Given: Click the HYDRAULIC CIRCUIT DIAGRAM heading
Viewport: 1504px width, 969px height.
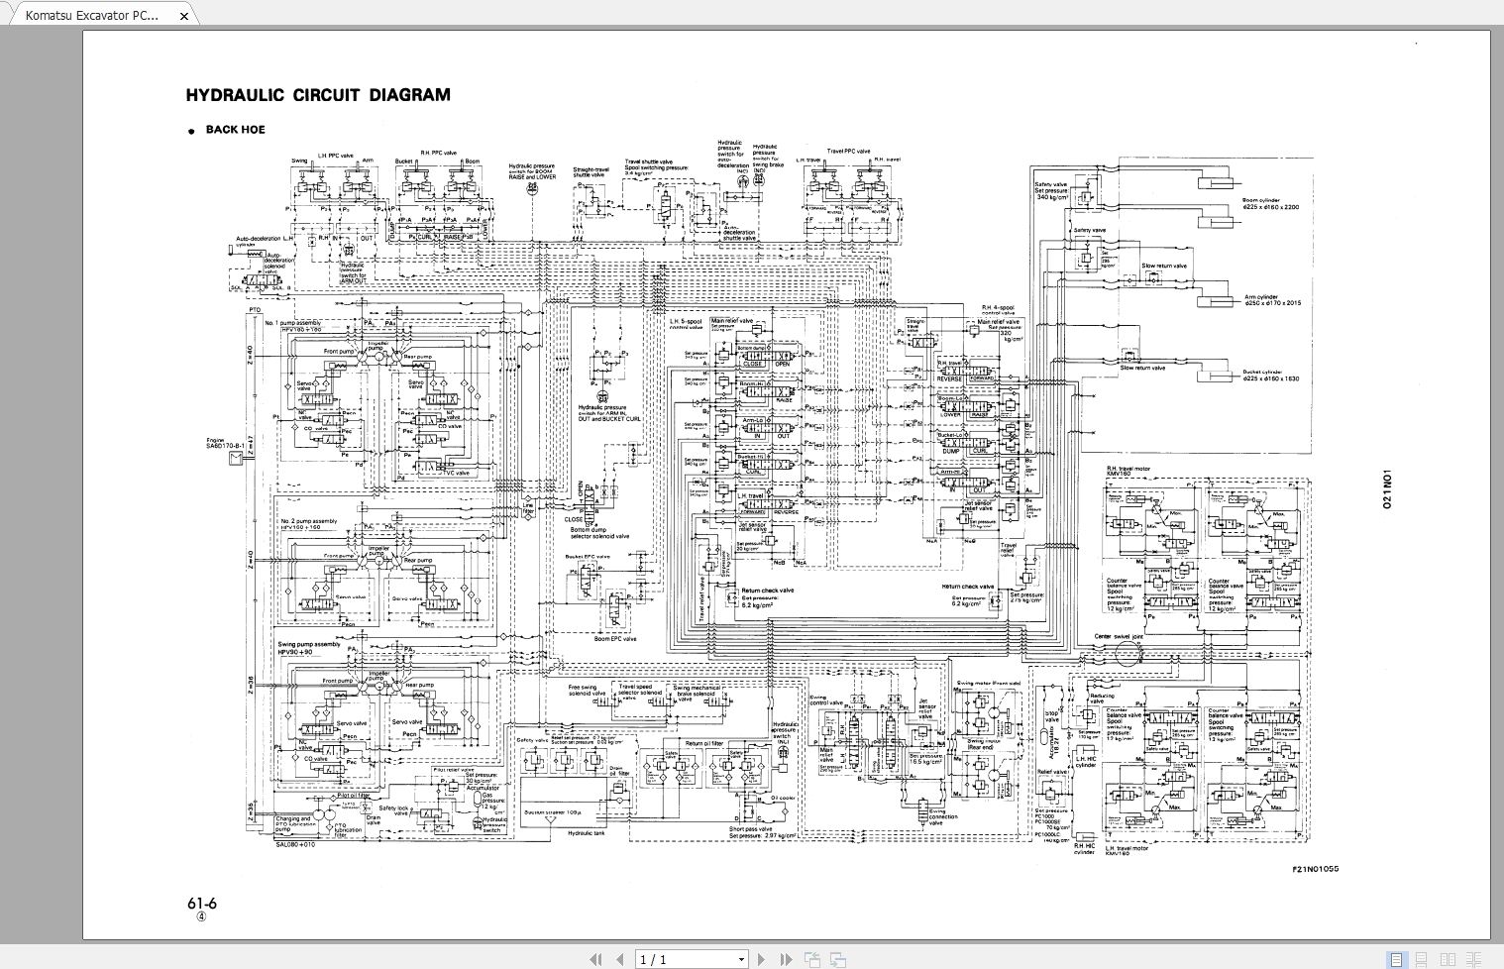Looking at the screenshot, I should point(318,95).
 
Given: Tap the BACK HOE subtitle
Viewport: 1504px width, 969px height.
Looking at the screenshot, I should point(235,130).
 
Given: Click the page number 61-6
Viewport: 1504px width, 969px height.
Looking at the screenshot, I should point(201,903).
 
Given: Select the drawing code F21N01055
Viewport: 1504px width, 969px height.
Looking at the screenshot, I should point(1315,869).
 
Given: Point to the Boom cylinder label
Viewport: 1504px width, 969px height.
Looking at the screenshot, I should point(1262,200).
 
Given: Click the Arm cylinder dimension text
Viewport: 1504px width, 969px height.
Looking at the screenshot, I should point(1273,303).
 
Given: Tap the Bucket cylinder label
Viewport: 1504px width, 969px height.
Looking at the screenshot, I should point(1262,373).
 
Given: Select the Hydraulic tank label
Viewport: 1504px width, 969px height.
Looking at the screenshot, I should point(586,833).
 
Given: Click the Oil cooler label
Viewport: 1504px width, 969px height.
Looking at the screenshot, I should point(783,798).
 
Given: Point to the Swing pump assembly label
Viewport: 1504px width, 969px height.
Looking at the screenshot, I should point(308,644).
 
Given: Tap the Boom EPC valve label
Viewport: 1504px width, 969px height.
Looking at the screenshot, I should point(615,639).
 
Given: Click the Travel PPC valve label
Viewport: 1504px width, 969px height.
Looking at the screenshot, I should point(848,152).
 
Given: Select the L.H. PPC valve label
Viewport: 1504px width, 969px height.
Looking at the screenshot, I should point(335,156).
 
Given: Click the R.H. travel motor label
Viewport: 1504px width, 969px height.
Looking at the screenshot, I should point(1128,469).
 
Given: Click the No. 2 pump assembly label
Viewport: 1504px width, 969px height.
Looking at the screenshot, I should point(308,521).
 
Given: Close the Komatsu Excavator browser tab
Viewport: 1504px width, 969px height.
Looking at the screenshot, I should point(183,16).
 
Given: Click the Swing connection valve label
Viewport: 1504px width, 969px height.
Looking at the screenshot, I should point(942,817).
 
